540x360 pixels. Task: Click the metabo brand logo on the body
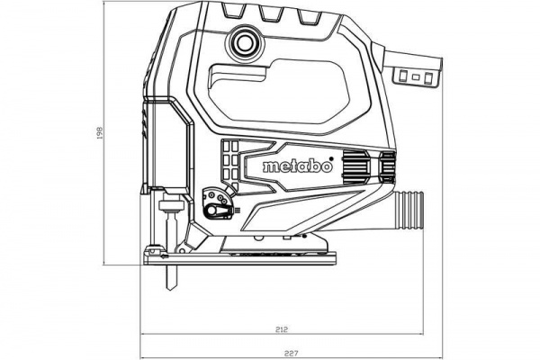coord(298,166)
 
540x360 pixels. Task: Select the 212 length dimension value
coord(283,328)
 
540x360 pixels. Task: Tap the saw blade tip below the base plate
coord(169,290)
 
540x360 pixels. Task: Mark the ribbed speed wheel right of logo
coord(356,166)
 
